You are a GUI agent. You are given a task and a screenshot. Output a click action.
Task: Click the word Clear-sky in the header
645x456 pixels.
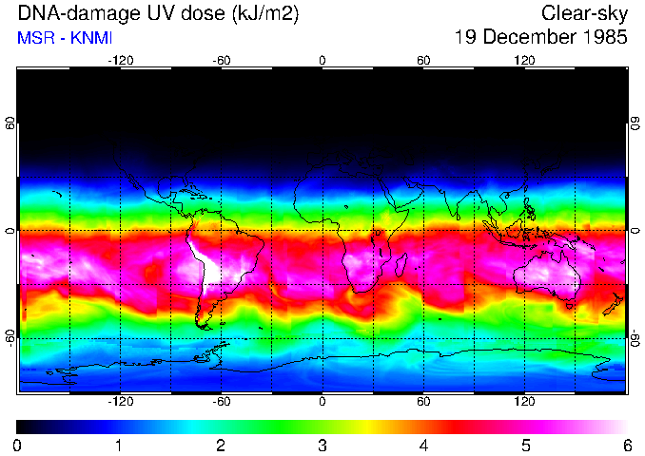[584, 13]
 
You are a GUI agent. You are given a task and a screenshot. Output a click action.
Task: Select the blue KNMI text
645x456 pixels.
[88, 38]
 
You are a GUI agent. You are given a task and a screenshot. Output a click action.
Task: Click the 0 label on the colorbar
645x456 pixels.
[17, 445]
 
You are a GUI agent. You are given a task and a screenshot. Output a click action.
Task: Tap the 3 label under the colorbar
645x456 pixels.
[322, 445]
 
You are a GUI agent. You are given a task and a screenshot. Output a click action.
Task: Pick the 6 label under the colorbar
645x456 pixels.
[626, 445]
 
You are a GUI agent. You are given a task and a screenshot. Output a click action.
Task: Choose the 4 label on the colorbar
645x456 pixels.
[423, 445]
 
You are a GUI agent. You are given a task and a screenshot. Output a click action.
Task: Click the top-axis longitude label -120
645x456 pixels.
[120, 60]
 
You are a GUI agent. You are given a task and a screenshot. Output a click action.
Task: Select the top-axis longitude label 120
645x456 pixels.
[524, 60]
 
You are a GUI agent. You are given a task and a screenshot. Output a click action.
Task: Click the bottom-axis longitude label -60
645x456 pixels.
[221, 402]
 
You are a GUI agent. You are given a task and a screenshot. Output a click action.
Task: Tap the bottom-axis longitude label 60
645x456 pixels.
[423, 402]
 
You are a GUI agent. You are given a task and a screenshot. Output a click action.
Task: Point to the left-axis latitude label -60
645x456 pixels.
[10, 336]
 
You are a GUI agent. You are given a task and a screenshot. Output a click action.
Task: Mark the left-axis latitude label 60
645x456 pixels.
[10, 124]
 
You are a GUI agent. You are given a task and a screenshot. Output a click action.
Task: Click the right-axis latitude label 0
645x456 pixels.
[635, 231]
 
